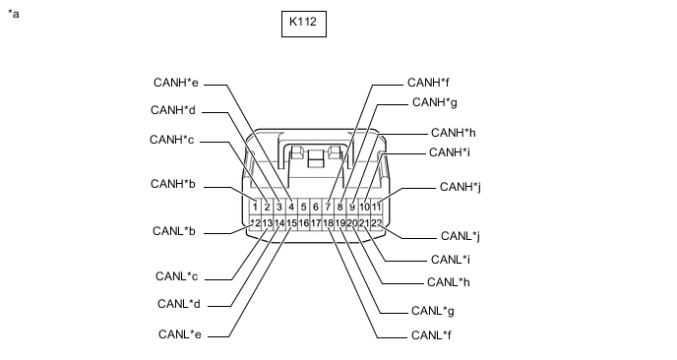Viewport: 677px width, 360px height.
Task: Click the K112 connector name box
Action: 303,24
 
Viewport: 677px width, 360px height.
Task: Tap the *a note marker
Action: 14,14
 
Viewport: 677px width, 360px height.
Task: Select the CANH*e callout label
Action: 176,83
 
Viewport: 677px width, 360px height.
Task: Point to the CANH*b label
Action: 173,184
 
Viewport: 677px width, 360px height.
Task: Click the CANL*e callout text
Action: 180,334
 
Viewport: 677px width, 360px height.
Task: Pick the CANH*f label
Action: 428,83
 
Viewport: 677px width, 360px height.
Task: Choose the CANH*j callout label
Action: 461,187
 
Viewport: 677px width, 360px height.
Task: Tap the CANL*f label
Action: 431,335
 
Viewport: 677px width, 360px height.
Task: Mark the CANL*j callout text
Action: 461,236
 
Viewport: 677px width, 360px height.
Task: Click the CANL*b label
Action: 174,231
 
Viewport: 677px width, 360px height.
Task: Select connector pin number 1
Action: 255,208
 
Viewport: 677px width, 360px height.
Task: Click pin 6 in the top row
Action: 316,208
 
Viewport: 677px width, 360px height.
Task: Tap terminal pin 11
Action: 377,208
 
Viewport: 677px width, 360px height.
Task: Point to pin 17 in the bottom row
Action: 316,223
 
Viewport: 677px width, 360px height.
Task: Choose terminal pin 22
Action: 377,223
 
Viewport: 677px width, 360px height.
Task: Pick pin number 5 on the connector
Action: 303,208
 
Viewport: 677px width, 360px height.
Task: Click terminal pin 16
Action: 303,223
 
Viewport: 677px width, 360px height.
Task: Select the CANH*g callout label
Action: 435,102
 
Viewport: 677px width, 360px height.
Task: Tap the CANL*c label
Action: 176,276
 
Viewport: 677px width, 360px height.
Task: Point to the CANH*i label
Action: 450,152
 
